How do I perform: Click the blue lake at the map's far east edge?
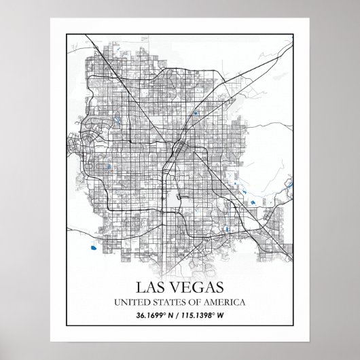(290, 183)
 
